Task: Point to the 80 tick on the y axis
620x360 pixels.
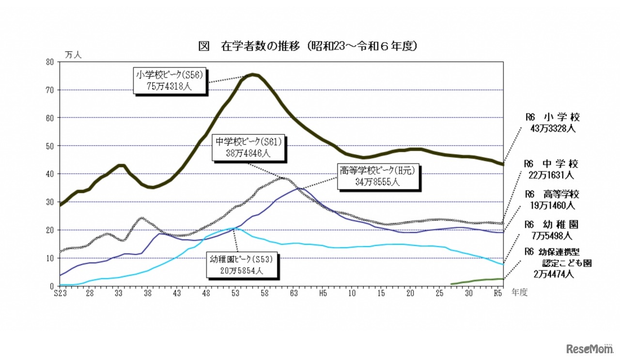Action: pyautogui.click(x=50, y=62)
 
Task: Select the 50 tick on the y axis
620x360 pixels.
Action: pyautogui.click(x=50, y=146)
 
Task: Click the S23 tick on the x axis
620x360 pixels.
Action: pyautogui.click(x=60, y=293)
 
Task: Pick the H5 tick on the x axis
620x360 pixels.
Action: pyautogui.click(x=323, y=293)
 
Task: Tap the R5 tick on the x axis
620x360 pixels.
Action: pyautogui.click(x=497, y=293)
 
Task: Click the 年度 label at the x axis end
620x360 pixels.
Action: pyautogui.click(x=519, y=293)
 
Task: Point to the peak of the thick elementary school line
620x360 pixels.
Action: pyautogui.click(x=253, y=75)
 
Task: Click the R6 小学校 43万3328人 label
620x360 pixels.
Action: pyautogui.click(x=552, y=123)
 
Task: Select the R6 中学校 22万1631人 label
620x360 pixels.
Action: pyautogui.click(x=552, y=170)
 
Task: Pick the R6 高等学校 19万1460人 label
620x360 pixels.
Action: pyautogui.click(x=552, y=200)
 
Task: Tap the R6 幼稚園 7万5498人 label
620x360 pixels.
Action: pyautogui.click(x=552, y=230)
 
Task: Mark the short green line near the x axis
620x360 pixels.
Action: pyautogui.click(x=477, y=281)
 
